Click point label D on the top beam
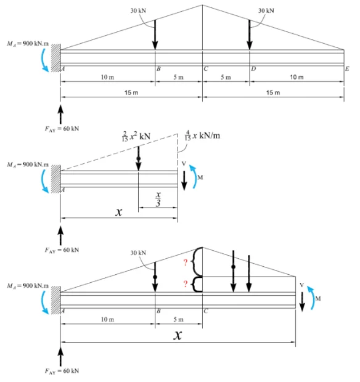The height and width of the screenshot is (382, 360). [x=253, y=69]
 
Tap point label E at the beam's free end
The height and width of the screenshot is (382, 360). [x=347, y=69]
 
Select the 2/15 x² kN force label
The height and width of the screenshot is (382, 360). [x=136, y=136]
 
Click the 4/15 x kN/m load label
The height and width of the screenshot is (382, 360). [x=202, y=136]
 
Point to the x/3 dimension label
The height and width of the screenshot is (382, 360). [x=158, y=199]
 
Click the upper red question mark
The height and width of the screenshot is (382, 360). [x=186, y=262]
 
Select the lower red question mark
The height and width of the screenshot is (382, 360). [x=186, y=284]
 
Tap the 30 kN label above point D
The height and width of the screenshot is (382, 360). [x=266, y=10]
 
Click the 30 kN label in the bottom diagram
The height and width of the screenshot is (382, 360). [x=138, y=253]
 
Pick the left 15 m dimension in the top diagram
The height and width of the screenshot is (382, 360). [x=131, y=92]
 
